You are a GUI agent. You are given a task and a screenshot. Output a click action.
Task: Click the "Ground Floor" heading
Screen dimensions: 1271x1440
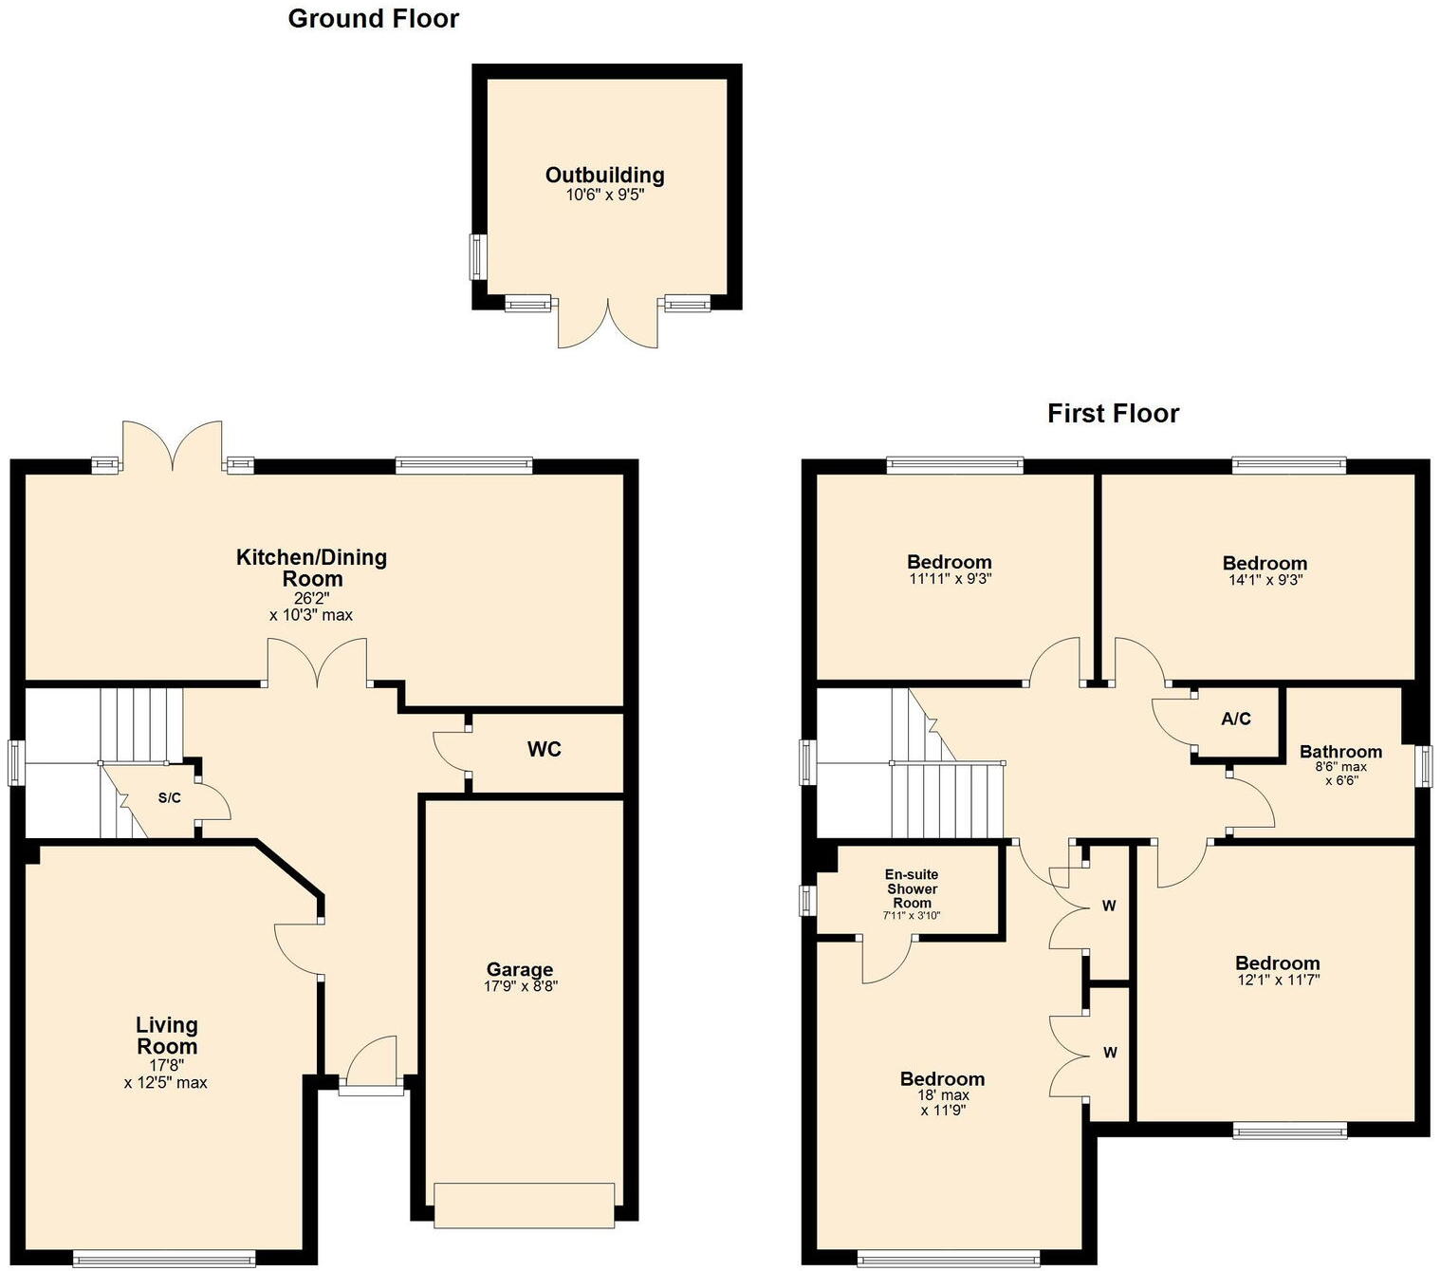[x=373, y=19]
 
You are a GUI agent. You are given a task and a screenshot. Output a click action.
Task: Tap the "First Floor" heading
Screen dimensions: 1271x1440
[x=1113, y=414]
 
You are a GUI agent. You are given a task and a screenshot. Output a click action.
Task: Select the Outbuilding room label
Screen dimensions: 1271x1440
[x=604, y=175]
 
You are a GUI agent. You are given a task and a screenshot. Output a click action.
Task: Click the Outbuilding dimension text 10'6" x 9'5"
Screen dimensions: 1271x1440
[x=604, y=195]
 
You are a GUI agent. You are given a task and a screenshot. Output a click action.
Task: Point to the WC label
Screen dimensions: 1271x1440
[x=544, y=750]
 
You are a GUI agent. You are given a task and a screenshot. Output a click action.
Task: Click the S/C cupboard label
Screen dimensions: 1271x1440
[x=169, y=798]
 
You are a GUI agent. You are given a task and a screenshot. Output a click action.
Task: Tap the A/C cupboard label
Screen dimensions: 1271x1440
[x=1235, y=720]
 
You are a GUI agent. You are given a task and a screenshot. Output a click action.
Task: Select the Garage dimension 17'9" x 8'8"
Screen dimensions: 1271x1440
[x=520, y=987]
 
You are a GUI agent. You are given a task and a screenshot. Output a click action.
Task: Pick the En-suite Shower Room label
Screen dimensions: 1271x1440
[x=911, y=888]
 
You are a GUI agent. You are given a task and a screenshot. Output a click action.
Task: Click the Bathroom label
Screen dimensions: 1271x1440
[x=1340, y=752]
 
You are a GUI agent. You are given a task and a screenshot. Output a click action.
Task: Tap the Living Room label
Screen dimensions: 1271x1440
[x=167, y=1036]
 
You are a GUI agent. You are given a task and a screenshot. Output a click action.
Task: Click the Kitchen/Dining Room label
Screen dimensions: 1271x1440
[x=311, y=568]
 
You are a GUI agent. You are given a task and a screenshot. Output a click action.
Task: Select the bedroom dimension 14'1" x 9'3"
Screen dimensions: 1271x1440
[x=1265, y=580]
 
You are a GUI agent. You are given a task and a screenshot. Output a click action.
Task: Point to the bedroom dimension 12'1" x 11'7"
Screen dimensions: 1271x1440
[x=1278, y=980]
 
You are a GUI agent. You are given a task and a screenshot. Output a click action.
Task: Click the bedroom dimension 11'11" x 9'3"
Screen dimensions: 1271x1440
[x=949, y=579]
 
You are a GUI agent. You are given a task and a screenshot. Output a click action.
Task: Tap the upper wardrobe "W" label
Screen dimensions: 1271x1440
[x=1109, y=907]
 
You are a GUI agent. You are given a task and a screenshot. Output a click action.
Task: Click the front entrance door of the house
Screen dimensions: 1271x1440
[x=371, y=1089]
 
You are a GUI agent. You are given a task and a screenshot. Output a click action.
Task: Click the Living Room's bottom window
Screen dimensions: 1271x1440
[x=164, y=1260]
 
